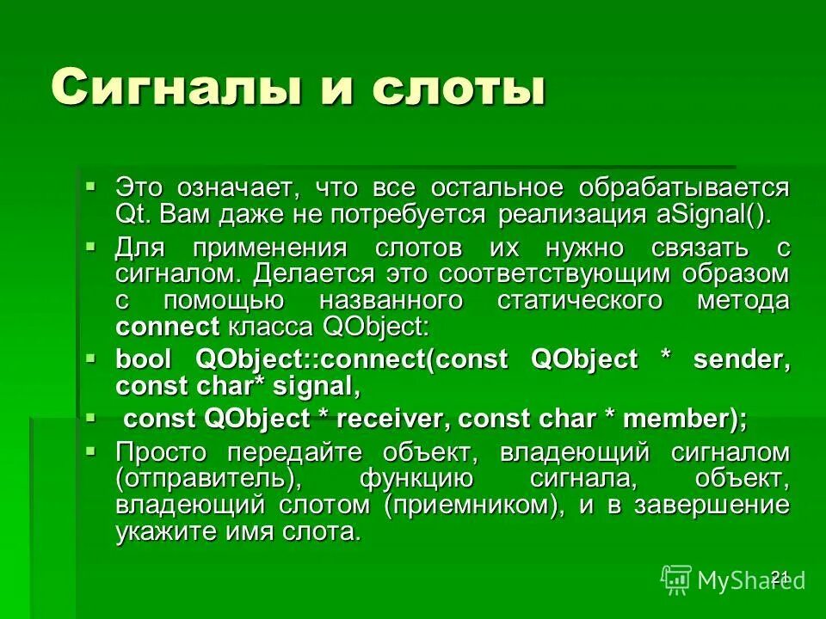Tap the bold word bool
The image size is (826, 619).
coord(144,359)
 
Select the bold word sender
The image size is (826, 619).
coord(741,359)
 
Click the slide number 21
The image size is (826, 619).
coord(780,576)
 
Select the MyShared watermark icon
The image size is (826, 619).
coord(676,579)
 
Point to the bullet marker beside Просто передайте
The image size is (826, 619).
coord(91,450)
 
